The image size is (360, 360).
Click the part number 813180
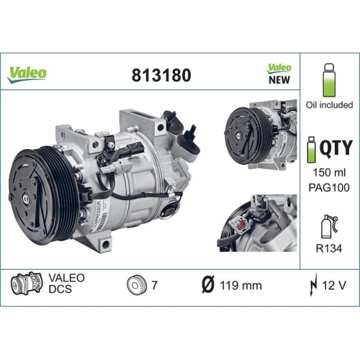[x=161, y=74]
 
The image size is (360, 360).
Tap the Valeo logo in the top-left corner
[x=27, y=72]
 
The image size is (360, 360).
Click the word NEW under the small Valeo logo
[x=280, y=80]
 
